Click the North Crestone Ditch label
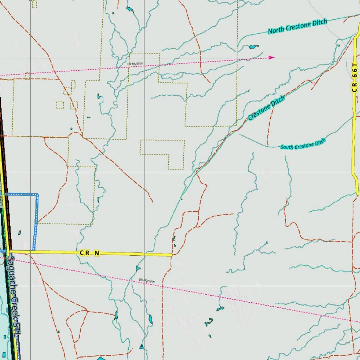point(297,27)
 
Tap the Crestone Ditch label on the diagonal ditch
point(266,108)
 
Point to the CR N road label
point(90,253)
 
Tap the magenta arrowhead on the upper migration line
point(271,57)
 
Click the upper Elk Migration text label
point(135,64)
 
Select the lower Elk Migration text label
point(147,281)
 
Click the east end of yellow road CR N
point(172,255)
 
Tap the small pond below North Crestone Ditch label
point(253,46)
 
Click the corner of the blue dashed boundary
point(37,194)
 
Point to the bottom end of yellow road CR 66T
point(357,194)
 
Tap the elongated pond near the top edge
point(130,9)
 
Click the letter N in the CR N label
point(97,253)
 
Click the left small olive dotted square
point(60,105)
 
